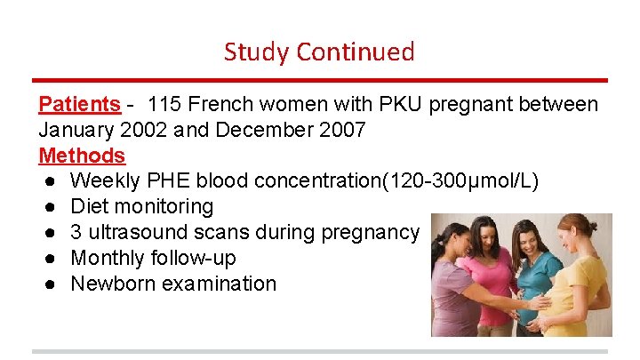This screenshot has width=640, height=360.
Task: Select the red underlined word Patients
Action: [x=79, y=104]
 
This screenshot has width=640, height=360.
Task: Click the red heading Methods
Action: [x=82, y=156]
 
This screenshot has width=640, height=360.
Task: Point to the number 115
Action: [x=166, y=104]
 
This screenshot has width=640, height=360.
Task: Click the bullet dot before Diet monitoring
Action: [x=46, y=207]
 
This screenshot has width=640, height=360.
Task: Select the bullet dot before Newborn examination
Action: [x=46, y=284]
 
